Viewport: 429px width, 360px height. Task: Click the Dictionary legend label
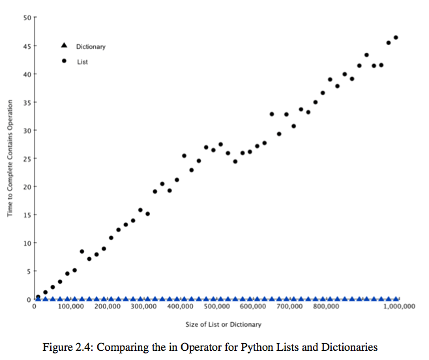pos(90,47)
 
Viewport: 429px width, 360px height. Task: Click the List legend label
pos(82,62)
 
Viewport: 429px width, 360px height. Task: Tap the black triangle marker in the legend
pos(64,46)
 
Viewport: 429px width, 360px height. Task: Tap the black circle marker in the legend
pos(64,61)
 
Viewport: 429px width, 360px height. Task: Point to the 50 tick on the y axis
pos(27,18)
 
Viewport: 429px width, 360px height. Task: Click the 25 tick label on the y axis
pos(27,158)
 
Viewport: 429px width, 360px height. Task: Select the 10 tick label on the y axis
pos(27,243)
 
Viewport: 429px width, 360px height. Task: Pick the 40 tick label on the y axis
pos(27,74)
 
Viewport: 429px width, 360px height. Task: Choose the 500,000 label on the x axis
pos(216,307)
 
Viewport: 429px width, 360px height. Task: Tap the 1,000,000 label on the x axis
pos(398,307)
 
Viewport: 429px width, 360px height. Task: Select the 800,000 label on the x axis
pos(325,307)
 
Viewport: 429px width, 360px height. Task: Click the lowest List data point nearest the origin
pos(38,297)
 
